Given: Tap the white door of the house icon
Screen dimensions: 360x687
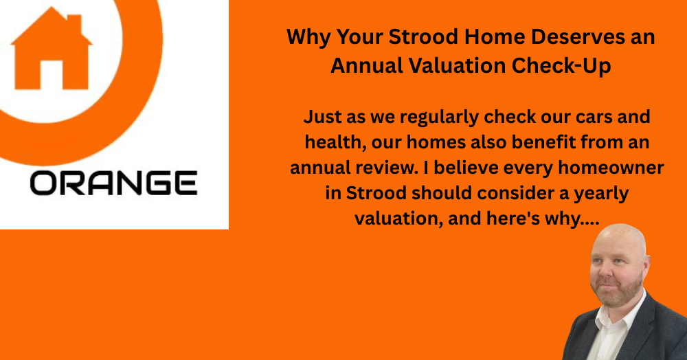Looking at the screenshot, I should pyautogui.click(x=52, y=76).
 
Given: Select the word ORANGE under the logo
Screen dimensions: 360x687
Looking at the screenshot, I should pyautogui.click(x=113, y=183).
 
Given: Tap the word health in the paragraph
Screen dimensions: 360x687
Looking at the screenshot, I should pyautogui.click(x=330, y=142).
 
